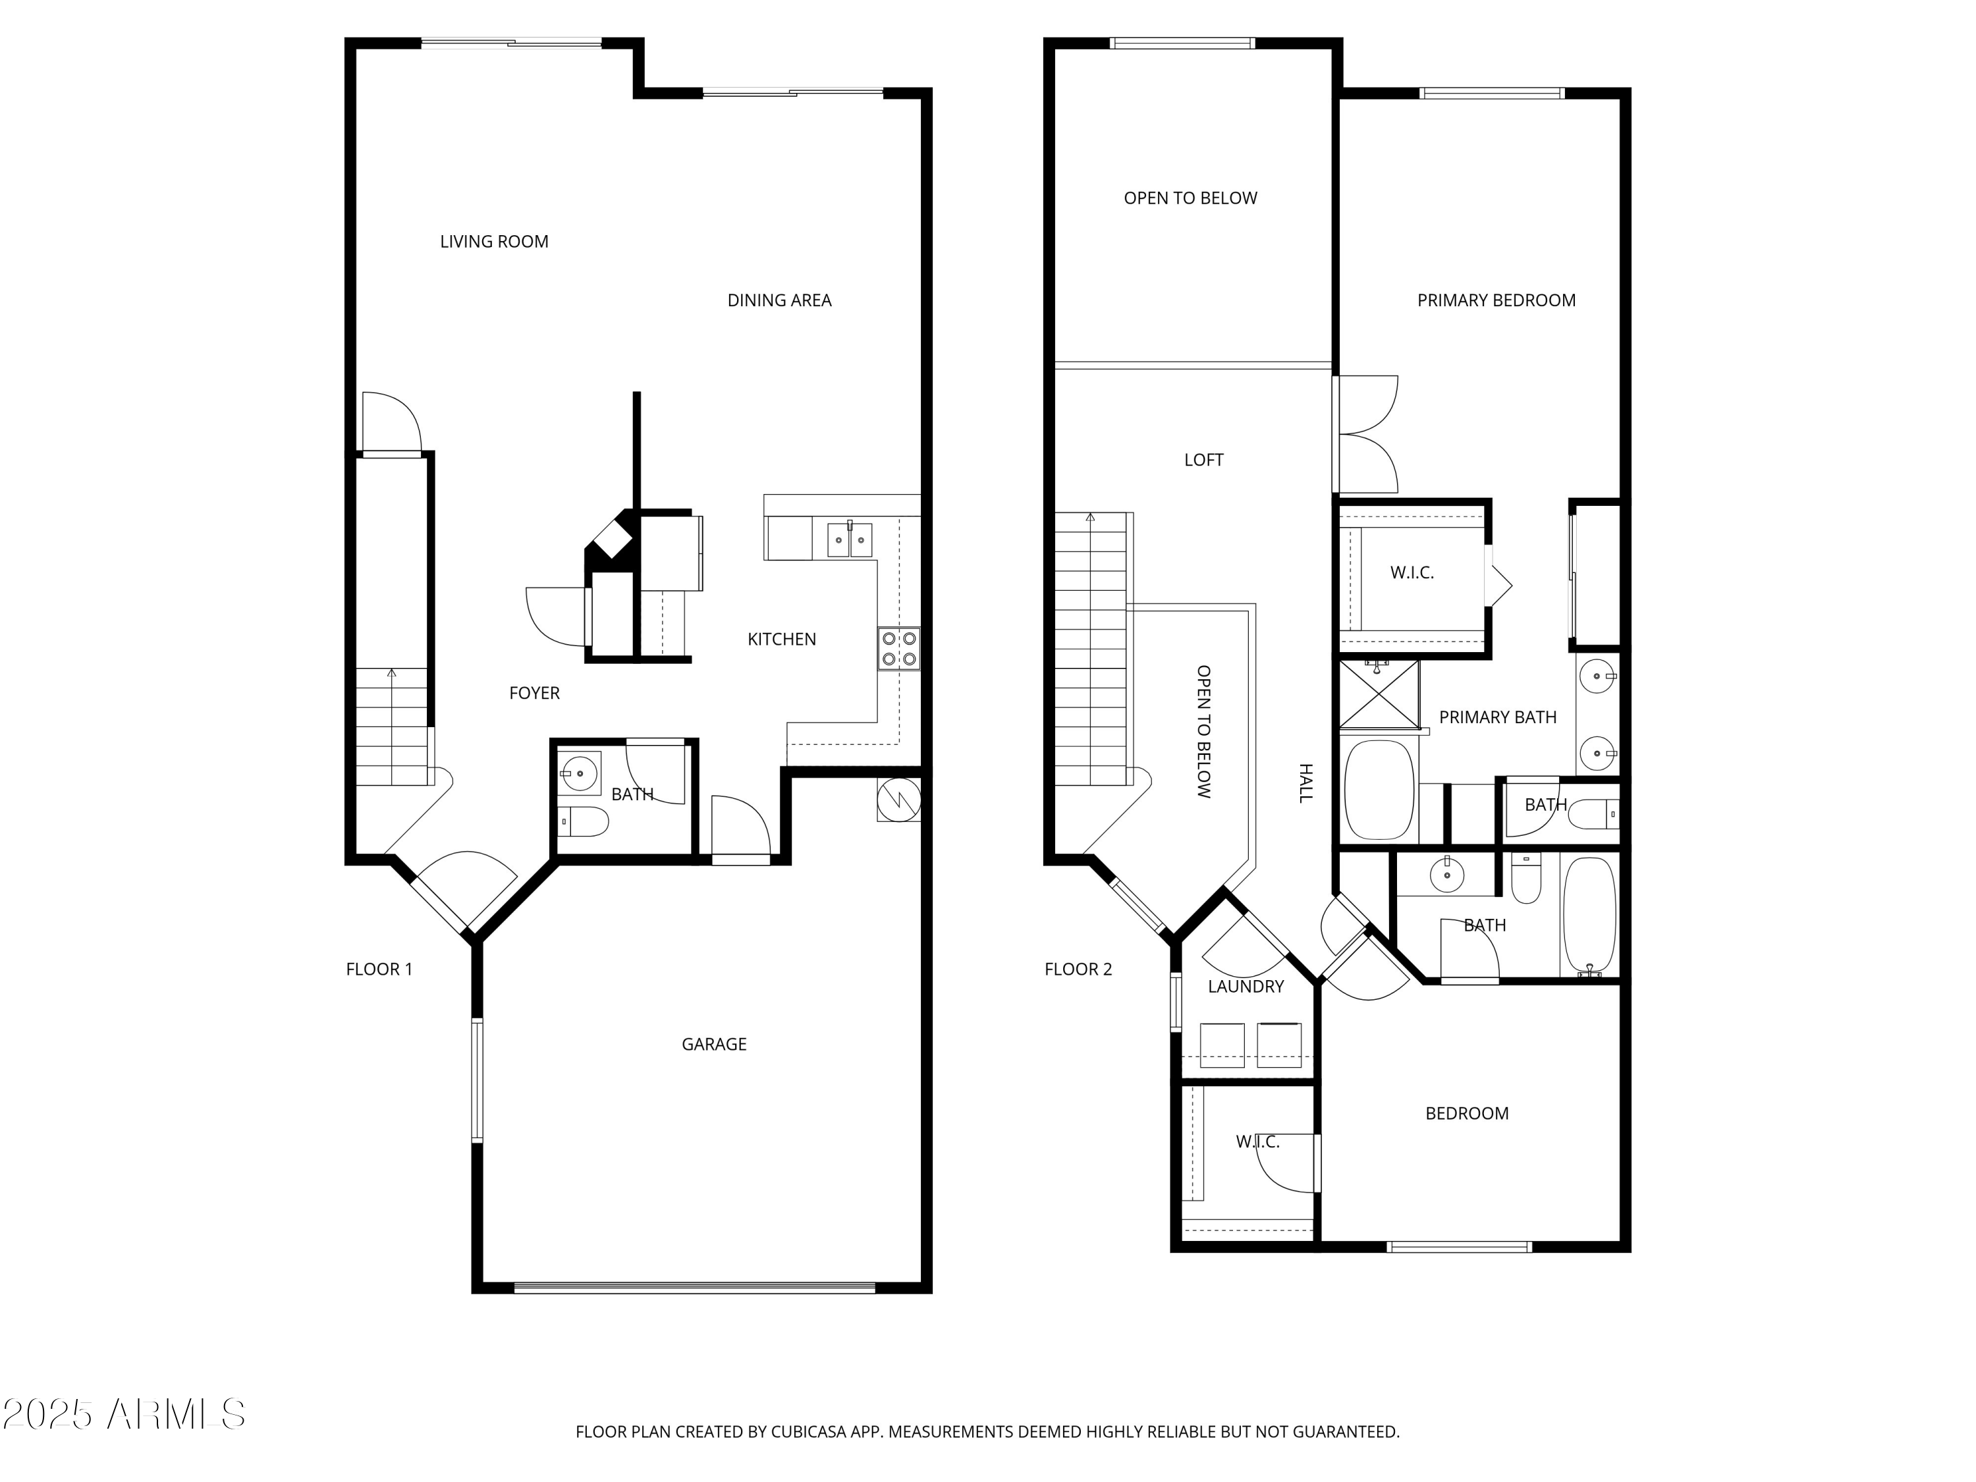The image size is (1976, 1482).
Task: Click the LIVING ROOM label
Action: coord(494,241)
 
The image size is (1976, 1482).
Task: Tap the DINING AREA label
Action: coord(779,300)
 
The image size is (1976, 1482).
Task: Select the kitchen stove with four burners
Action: coord(898,649)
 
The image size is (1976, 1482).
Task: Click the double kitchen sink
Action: coord(848,539)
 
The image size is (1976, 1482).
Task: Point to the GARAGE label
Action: coord(714,1043)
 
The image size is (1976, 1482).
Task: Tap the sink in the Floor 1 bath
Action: coord(580,772)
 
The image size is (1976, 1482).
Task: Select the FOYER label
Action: coord(534,692)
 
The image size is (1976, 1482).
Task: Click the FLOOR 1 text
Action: coord(379,968)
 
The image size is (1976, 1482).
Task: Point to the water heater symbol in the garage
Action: coord(898,800)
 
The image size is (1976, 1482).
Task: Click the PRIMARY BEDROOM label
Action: coord(1496,300)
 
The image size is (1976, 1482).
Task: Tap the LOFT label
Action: coord(1203,459)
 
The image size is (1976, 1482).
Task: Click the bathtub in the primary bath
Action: coord(1379,790)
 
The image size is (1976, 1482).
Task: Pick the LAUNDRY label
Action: coord(1246,986)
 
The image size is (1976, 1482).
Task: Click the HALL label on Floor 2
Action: coord(1305,782)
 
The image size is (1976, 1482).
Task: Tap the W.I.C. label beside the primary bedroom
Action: coord(1412,572)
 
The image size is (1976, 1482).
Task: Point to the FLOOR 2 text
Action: coord(1078,968)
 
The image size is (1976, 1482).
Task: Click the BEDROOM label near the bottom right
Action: coord(1467,1113)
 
